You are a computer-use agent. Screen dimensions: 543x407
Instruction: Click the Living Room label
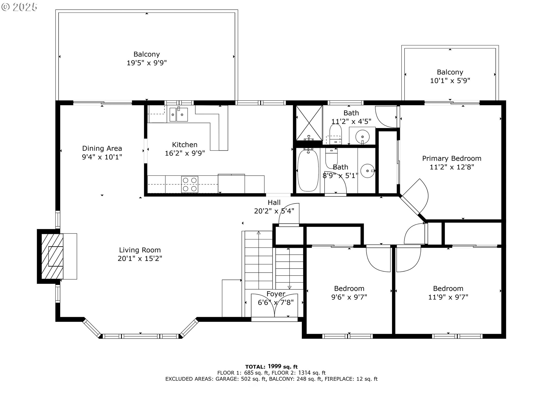click(140, 250)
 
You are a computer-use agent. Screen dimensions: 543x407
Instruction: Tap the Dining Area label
click(102, 148)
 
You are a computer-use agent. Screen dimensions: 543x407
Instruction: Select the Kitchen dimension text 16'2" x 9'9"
click(185, 153)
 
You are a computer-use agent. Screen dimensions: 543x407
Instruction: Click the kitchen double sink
click(178, 114)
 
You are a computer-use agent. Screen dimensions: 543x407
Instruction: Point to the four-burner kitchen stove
click(189, 184)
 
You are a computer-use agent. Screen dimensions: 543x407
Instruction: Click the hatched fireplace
click(52, 256)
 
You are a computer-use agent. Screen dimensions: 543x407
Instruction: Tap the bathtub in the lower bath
click(308, 171)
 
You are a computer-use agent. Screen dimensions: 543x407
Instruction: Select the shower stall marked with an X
click(309, 123)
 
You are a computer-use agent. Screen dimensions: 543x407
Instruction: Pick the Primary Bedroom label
click(452, 159)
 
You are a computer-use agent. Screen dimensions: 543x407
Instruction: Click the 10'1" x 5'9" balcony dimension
click(450, 81)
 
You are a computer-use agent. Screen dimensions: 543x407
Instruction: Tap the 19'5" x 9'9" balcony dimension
click(146, 63)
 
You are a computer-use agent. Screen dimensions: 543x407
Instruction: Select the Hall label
click(274, 203)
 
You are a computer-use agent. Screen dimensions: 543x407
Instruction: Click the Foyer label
click(276, 294)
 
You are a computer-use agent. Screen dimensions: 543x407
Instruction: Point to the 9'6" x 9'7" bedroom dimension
click(349, 297)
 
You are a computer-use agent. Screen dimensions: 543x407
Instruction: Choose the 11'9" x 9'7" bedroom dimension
click(448, 297)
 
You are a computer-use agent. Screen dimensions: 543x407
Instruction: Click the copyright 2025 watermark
click(19, 7)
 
